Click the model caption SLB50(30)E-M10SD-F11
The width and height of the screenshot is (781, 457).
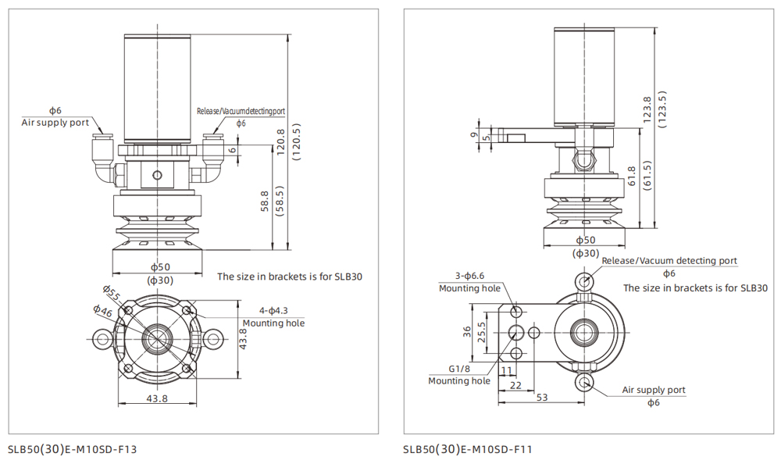tap(468, 448)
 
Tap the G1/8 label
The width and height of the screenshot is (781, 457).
tap(459, 368)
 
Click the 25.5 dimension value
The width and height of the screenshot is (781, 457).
tap(481, 333)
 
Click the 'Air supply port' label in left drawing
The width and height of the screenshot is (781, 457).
tap(55, 123)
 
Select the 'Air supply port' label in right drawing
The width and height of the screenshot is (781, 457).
tap(653, 389)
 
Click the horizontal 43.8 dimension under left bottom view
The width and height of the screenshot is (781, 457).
tap(157, 398)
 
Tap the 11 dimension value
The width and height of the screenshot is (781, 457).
tap(507, 371)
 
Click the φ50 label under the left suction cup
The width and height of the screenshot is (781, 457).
tap(159, 267)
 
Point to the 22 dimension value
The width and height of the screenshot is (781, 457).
tap(515, 384)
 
